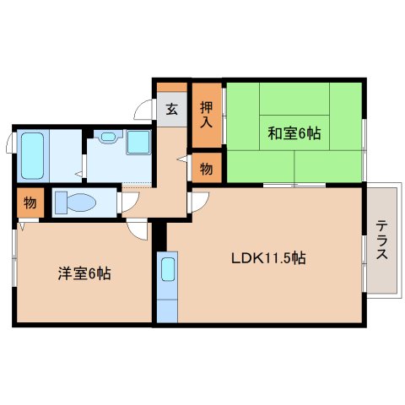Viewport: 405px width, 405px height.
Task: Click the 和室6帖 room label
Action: (x=294, y=132)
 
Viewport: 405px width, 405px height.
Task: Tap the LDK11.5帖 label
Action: (x=268, y=258)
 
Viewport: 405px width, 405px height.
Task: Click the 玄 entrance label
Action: (x=171, y=109)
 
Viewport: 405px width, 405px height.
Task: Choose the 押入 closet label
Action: (x=206, y=112)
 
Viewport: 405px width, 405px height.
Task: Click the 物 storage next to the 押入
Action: (x=206, y=169)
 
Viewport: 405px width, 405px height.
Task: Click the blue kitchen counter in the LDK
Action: (x=167, y=287)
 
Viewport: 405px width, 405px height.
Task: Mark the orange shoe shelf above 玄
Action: (x=171, y=88)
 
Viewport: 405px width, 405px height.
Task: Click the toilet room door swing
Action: (x=128, y=202)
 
